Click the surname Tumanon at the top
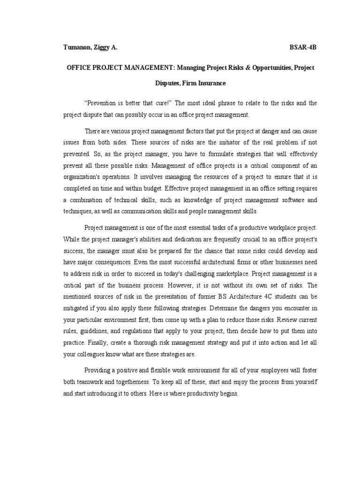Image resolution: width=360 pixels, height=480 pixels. pos(78,48)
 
